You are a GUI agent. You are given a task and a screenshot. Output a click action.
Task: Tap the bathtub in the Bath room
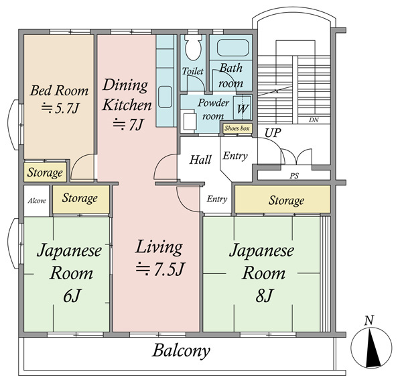pyautogui.click(x=232, y=48)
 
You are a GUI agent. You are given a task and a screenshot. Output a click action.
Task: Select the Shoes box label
pyautogui.click(x=237, y=128)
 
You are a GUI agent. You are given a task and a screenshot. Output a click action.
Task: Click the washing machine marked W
pyautogui.click(x=242, y=107)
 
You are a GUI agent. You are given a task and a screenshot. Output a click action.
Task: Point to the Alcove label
pyautogui.click(x=37, y=201)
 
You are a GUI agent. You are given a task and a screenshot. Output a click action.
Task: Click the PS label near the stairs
pyautogui.click(x=294, y=176)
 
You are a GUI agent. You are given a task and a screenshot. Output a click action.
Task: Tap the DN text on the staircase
pyautogui.click(x=314, y=119)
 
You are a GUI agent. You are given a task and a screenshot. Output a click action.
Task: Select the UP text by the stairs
pyautogui.click(x=273, y=133)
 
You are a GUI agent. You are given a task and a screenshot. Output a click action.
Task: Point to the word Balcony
pyautogui.click(x=182, y=350)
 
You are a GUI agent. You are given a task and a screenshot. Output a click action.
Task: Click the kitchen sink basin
pyautogui.click(x=165, y=97)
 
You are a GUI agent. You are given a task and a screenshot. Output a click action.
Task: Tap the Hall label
pyautogui.click(x=200, y=160)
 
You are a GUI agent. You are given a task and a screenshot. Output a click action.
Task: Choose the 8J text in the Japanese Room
pyautogui.click(x=264, y=295)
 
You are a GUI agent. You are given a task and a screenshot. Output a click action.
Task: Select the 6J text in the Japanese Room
pyautogui.click(x=72, y=296)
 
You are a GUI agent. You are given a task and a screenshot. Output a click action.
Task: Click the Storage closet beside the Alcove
pyautogui.click(x=81, y=199)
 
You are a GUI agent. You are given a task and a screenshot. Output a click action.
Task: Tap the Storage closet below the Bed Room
pyautogui.click(x=46, y=172)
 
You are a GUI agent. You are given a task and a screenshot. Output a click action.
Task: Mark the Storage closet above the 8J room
pyautogui.click(x=283, y=199)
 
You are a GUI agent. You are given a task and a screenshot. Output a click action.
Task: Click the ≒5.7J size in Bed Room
pyautogui.click(x=60, y=109)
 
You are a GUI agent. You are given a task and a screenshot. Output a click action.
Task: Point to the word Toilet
pyautogui.click(x=192, y=71)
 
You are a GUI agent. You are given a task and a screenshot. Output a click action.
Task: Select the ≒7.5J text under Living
pyautogui.click(x=159, y=269)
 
